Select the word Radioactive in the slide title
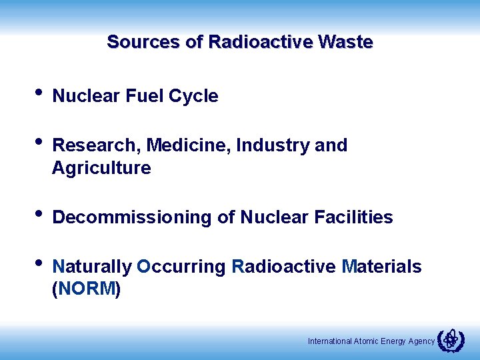coord(261,42)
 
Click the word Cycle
coord(193,96)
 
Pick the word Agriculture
coord(101,168)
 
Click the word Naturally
coord(92,267)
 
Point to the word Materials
coord(381,267)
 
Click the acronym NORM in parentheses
coord(86,290)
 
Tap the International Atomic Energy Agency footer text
coord(371,341)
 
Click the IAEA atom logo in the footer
coord(451,340)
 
